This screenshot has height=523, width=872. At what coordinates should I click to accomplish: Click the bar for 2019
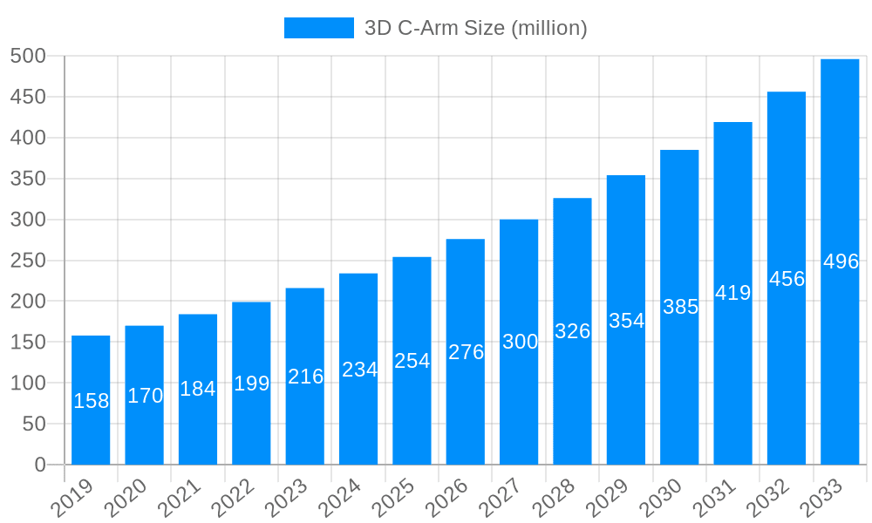[91, 400]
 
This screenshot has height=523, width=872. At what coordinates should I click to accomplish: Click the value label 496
[841, 261]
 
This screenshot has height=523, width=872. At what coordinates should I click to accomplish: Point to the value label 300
[520, 342]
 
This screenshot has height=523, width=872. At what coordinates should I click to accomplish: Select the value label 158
[91, 401]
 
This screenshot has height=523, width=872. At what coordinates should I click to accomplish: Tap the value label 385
[680, 307]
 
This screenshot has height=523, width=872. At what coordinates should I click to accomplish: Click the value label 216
[305, 377]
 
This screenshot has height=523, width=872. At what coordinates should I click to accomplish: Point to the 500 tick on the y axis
[28, 56]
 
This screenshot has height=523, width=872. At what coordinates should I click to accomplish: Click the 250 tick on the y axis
[28, 261]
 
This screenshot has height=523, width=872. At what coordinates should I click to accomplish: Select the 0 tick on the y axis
[40, 465]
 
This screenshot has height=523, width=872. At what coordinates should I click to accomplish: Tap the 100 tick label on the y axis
[28, 383]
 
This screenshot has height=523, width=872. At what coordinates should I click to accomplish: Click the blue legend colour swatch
[318, 28]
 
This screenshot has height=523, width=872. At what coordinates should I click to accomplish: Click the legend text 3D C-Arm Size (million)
[475, 28]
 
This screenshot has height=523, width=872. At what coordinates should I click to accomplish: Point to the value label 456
[787, 279]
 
